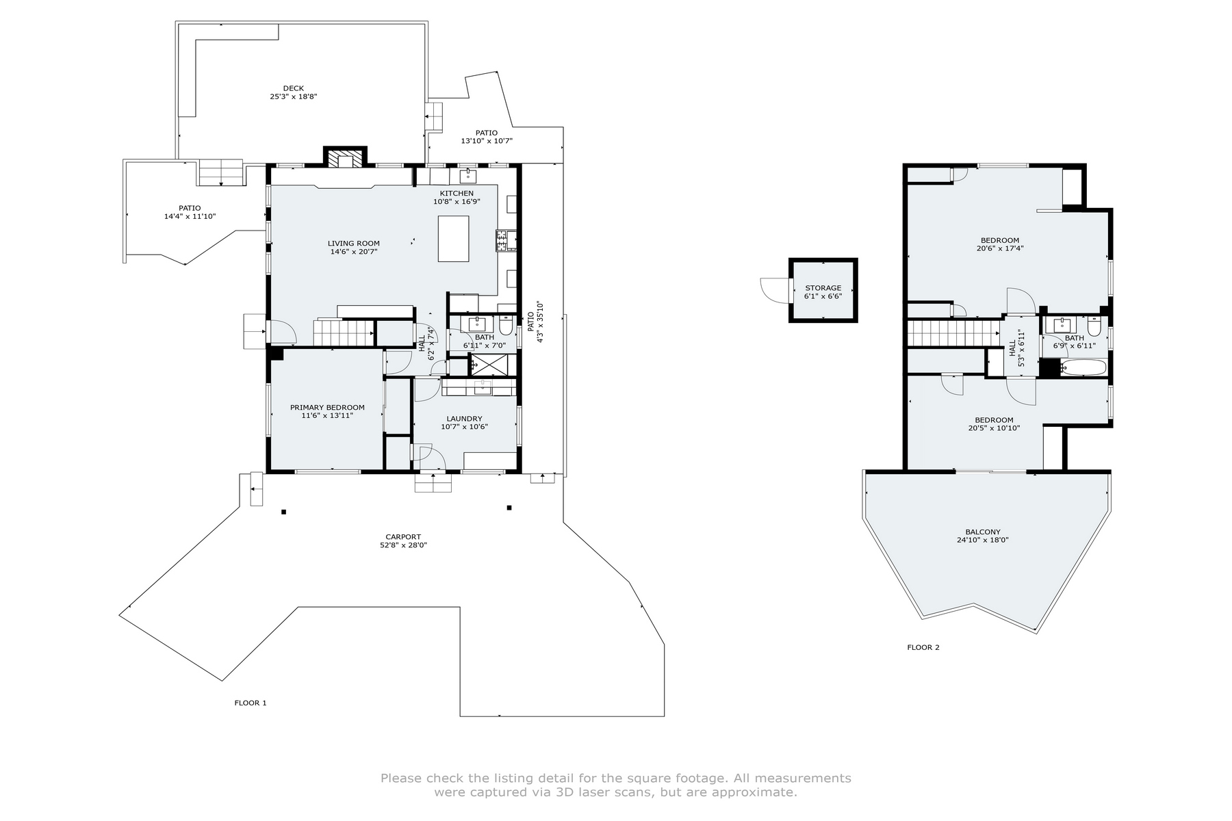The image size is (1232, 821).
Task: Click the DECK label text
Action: [293, 88]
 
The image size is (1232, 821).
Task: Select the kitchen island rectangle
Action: [453, 238]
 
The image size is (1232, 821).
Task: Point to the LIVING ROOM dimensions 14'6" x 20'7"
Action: [353, 252]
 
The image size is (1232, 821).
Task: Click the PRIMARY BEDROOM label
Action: [327, 407]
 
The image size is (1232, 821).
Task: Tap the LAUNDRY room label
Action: [464, 419]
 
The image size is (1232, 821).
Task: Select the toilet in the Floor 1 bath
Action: [506, 326]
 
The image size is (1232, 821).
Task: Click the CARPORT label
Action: [403, 537]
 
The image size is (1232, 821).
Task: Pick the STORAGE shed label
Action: [823, 288]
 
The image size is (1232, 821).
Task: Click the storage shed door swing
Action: [773, 290]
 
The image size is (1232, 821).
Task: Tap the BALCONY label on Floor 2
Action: [983, 532]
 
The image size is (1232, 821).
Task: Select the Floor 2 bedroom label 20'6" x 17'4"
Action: [1000, 248]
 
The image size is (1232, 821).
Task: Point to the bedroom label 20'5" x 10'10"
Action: [994, 428]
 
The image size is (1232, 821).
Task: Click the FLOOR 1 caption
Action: [251, 703]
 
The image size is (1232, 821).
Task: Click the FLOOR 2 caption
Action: [923, 647]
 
